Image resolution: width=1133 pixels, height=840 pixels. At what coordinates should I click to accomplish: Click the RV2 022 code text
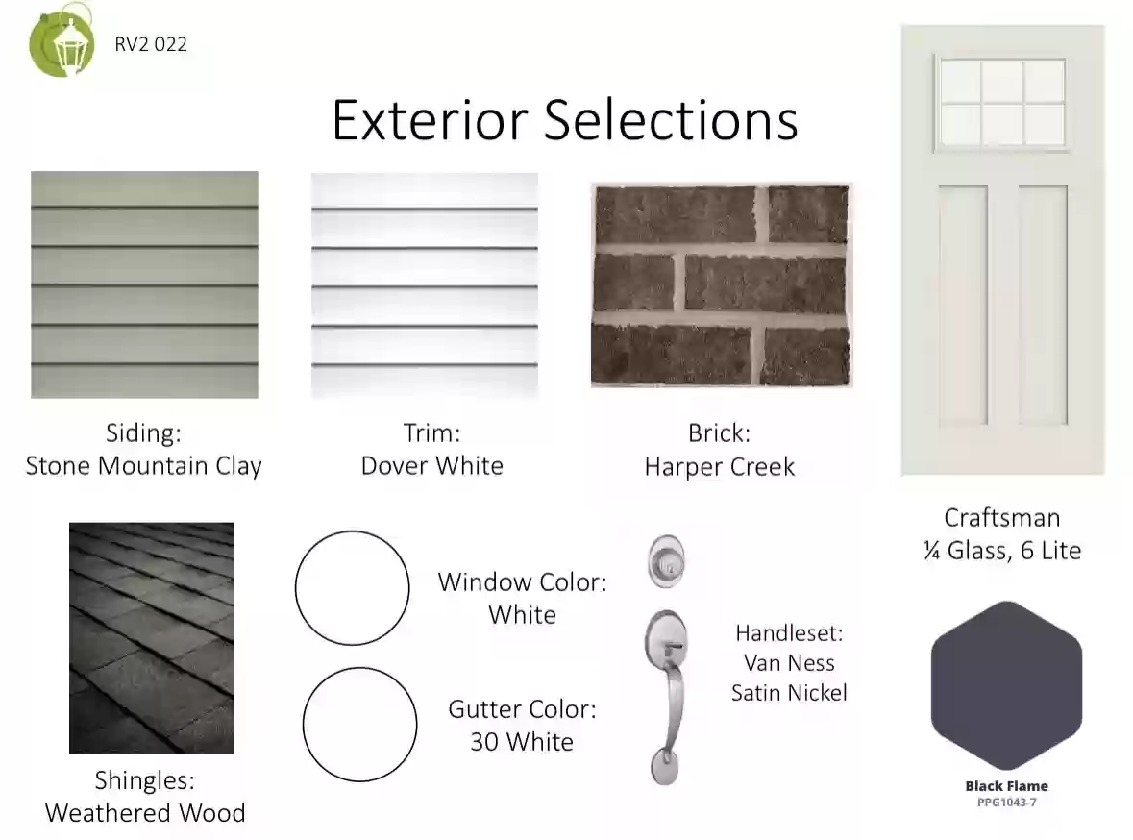tap(151, 44)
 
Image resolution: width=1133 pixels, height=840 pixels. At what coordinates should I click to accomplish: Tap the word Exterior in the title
tap(430, 120)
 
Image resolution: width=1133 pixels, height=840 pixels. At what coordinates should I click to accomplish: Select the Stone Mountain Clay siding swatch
tap(144, 284)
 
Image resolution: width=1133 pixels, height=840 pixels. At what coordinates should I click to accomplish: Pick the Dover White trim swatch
tap(425, 284)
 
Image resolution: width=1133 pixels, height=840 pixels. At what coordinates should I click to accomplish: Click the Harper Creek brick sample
tap(721, 284)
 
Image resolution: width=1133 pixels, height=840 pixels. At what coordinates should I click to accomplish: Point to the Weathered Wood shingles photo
tap(152, 637)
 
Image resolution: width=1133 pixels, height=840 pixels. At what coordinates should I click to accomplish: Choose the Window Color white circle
tap(353, 531)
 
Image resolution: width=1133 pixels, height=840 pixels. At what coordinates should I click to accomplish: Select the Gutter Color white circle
tap(359, 668)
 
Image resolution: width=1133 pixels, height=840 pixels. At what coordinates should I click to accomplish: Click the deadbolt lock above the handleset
tap(666, 561)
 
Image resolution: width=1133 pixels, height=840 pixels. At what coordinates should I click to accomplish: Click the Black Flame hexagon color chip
tap(1006, 685)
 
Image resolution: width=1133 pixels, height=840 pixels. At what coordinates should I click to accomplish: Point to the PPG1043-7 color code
tap(1006, 803)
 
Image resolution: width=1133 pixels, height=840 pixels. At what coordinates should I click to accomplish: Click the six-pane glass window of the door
tap(1002, 103)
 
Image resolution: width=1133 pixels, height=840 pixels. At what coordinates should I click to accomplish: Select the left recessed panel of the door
tap(963, 305)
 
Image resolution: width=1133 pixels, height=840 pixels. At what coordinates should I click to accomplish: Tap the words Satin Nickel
tap(789, 693)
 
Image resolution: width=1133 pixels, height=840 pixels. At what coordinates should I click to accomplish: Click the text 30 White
tap(522, 742)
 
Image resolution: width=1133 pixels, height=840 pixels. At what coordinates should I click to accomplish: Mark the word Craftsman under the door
tap(1002, 518)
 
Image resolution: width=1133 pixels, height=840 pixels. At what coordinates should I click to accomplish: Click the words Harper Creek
tap(720, 467)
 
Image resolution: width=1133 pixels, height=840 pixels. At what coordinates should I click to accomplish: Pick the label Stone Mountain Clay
tap(144, 466)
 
